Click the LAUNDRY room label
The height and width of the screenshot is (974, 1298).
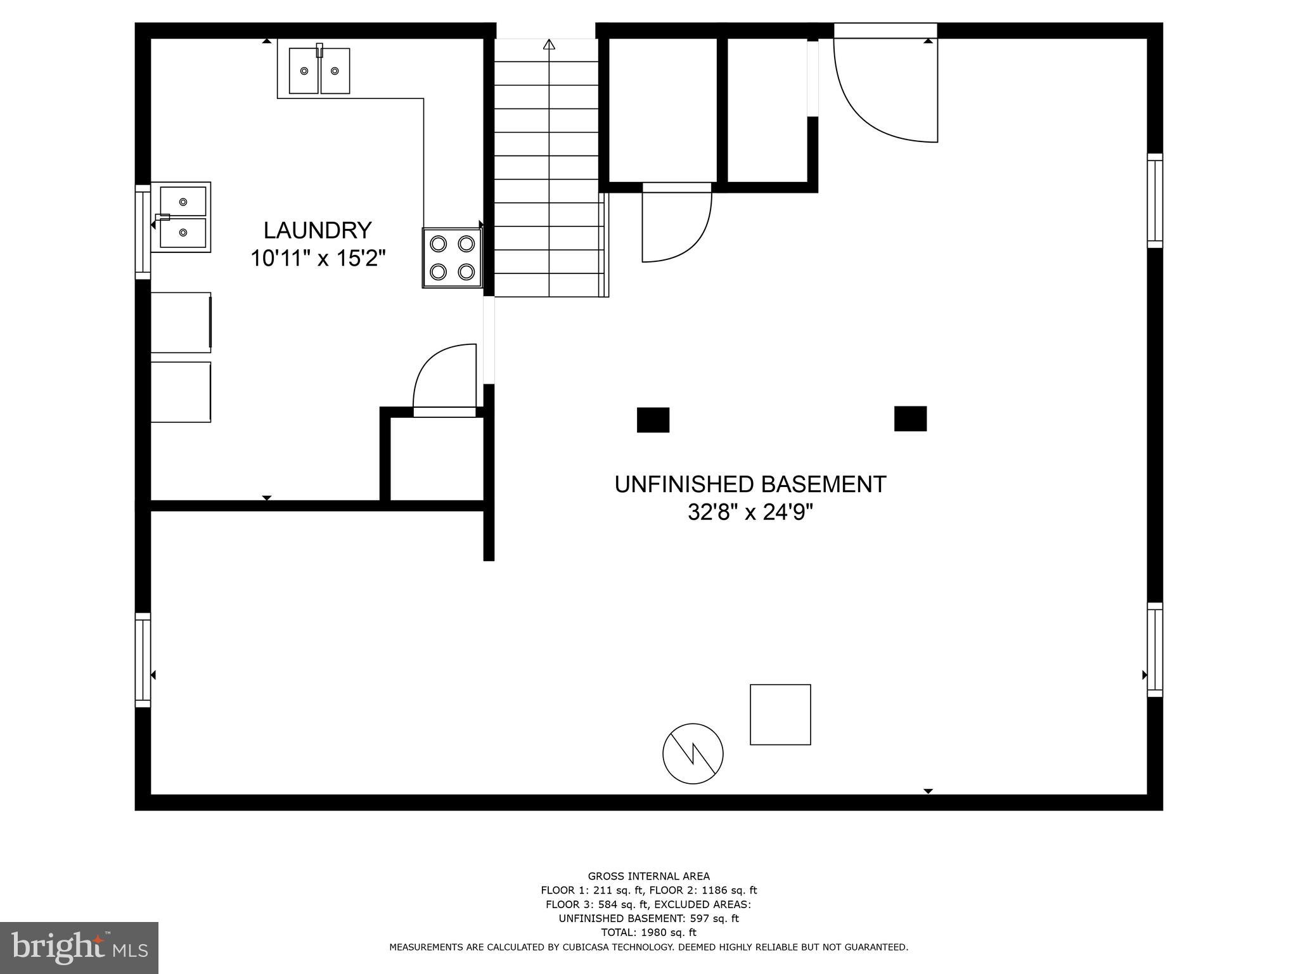tap(317, 230)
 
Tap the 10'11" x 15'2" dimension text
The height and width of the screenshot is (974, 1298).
tap(318, 259)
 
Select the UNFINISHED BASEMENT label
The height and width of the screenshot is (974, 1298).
tap(750, 484)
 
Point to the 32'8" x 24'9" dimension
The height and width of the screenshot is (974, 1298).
tap(750, 512)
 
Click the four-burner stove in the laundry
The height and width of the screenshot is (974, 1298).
tap(453, 258)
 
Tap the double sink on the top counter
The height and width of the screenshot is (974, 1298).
tap(319, 70)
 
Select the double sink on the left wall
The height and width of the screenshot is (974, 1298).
tap(183, 217)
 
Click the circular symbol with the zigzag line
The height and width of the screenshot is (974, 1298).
tap(693, 754)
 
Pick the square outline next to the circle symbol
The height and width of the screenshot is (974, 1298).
tap(780, 715)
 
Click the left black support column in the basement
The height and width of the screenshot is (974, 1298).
tap(653, 420)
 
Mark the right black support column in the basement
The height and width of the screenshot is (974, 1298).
tap(910, 419)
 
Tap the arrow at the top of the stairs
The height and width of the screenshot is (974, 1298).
tap(549, 44)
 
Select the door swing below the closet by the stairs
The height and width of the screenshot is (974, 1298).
tap(675, 225)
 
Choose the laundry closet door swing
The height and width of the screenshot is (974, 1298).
tap(445, 377)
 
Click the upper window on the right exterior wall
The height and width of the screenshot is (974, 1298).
tap(1155, 200)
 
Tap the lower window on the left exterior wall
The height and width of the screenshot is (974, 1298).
tap(143, 660)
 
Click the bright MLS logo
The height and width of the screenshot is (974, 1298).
tap(79, 947)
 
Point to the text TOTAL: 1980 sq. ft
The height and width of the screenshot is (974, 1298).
tap(648, 932)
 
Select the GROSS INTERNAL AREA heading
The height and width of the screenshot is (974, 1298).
tap(648, 876)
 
